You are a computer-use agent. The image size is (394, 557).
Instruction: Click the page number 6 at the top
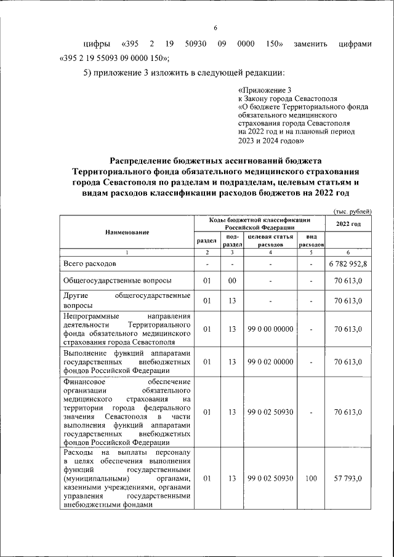pyautogui.click(x=216, y=28)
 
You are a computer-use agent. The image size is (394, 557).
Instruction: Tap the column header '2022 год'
pyautogui.click(x=348, y=223)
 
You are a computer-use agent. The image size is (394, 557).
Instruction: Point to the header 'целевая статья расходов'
pyautogui.click(x=270, y=240)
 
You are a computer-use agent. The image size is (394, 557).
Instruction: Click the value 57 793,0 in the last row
pyautogui.click(x=348, y=478)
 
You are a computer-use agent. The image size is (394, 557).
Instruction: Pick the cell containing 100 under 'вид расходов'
pyautogui.click(x=311, y=478)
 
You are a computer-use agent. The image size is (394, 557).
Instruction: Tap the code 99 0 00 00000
pyautogui.click(x=270, y=329)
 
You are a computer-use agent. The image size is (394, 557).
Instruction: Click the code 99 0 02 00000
pyautogui.click(x=270, y=362)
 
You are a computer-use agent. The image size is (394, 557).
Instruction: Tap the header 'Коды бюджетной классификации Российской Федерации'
pyautogui.click(x=259, y=223)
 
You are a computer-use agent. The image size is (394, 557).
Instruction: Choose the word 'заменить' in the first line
pyautogui.click(x=311, y=44)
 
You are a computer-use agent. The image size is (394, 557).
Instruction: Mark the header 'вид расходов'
pyautogui.click(x=311, y=240)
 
